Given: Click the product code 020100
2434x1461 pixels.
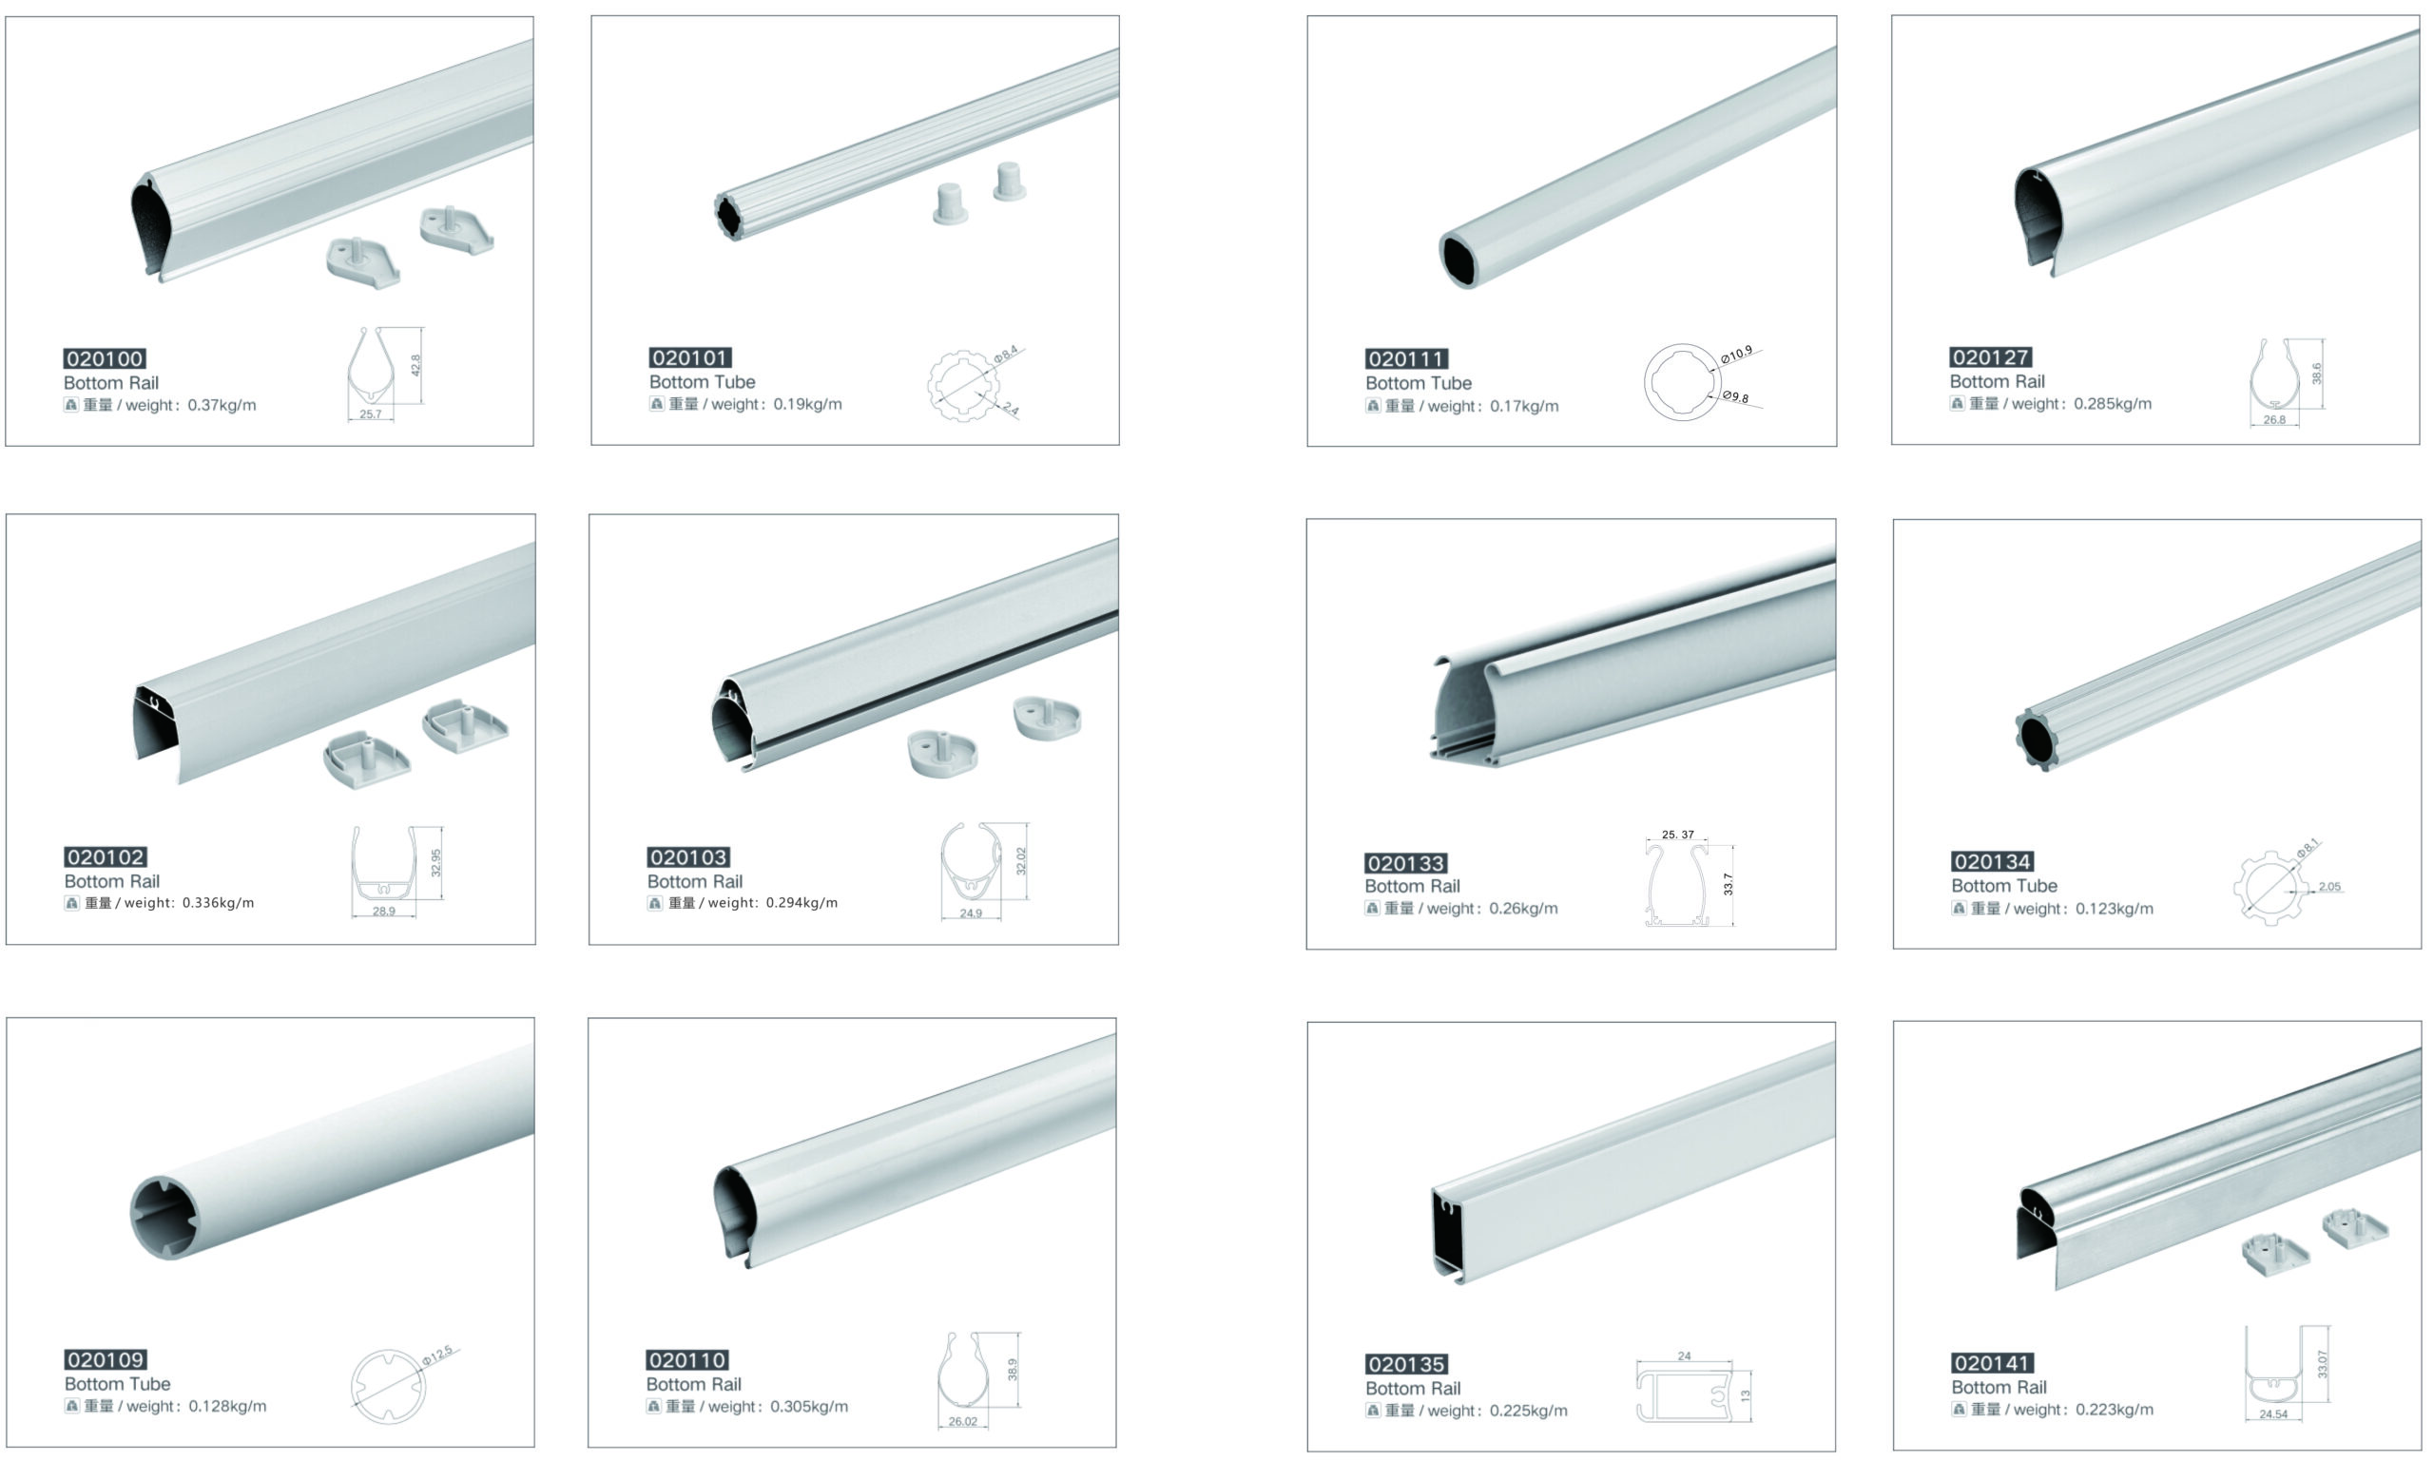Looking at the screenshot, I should (x=105, y=358).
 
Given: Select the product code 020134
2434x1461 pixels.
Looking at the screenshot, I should (x=1992, y=861).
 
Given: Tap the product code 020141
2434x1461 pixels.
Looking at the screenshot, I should (x=1992, y=1362).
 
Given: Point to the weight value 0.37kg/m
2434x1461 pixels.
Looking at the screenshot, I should (x=222, y=405).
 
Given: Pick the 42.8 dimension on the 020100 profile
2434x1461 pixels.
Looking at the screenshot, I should (x=415, y=365).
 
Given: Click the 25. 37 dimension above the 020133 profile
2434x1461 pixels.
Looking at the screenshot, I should (x=1678, y=834).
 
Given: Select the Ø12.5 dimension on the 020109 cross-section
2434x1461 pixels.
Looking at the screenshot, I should (x=436, y=1356).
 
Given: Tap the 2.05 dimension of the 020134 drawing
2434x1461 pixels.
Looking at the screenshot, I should (x=2328, y=886).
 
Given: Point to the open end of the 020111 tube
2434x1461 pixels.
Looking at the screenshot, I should (x=1460, y=260).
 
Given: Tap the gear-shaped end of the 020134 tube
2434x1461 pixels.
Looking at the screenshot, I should (x=2037, y=740).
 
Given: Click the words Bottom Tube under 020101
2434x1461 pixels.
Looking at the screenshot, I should (x=702, y=382).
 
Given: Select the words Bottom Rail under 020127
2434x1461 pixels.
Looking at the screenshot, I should (x=1997, y=381).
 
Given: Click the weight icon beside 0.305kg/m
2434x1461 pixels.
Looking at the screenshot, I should (x=654, y=1406).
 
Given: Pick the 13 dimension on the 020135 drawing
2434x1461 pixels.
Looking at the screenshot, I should (x=1746, y=1395).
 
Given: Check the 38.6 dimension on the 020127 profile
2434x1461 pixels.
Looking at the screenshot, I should (x=2316, y=374).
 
